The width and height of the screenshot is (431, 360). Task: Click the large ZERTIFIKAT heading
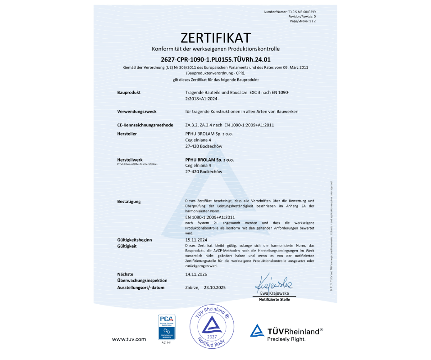click(x=215, y=36)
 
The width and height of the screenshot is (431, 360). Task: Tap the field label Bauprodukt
click(x=129, y=92)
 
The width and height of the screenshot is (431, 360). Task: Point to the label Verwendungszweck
click(x=137, y=111)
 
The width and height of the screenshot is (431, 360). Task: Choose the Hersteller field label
click(x=127, y=134)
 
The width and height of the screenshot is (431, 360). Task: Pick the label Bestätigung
click(x=129, y=201)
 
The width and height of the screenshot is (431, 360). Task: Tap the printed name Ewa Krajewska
click(x=275, y=293)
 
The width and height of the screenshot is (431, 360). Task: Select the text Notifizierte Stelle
click(x=274, y=299)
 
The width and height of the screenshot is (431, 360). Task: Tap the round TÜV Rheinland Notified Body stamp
click(x=211, y=327)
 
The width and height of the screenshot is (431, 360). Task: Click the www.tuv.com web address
click(x=129, y=339)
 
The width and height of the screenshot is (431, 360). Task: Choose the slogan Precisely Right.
click(x=286, y=339)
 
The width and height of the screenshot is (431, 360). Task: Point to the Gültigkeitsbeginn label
click(x=135, y=240)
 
